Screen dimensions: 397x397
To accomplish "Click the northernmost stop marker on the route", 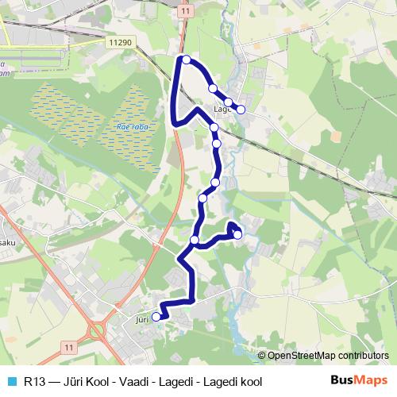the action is (x=186, y=60).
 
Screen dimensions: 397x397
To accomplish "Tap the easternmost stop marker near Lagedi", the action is (x=241, y=110).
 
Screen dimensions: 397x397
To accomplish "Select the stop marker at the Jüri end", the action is (x=156, y=316).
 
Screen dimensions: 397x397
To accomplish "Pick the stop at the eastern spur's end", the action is (x=237, y=234).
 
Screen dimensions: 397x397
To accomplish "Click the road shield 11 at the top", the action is (x=185, y=11).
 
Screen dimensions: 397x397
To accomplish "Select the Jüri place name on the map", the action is (x=142, y=318).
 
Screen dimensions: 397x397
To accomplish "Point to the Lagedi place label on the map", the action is (x=222, y=110).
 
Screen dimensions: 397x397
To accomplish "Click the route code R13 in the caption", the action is (x=33, y=380).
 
